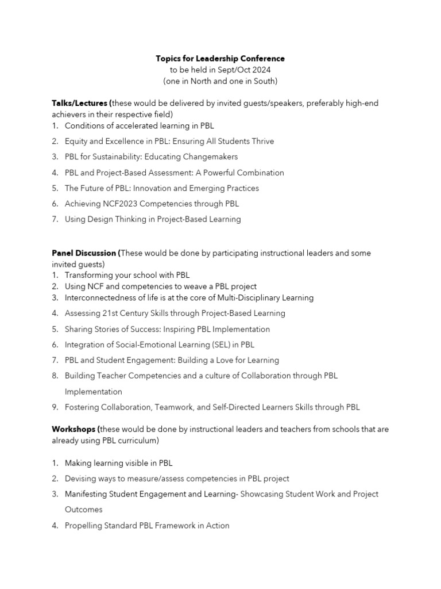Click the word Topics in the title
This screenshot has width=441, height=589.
point(168,59)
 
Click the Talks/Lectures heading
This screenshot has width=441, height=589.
point(80,103)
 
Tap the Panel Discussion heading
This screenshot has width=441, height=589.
point(84,253)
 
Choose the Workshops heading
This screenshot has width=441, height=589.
point(74,429)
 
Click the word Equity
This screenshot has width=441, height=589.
point(77,141)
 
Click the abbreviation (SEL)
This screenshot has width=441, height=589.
point(218,345)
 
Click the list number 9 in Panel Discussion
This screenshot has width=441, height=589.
point(55,407)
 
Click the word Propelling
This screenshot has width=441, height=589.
point(84,525)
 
